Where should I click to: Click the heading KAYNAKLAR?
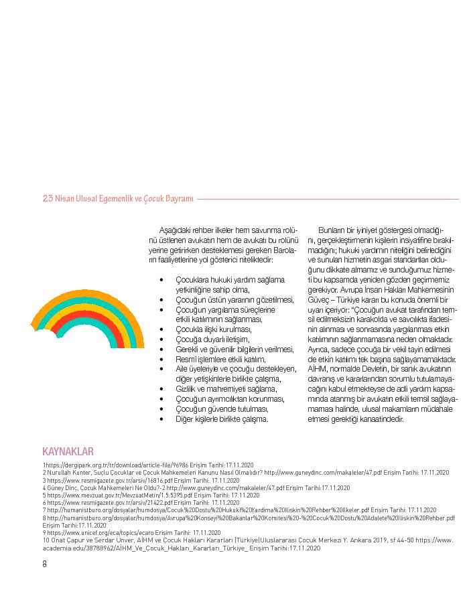point(68,451)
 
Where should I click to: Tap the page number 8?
point(45,563)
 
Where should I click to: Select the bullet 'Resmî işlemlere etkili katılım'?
point(216,359)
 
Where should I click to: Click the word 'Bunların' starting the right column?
point(332,230)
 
